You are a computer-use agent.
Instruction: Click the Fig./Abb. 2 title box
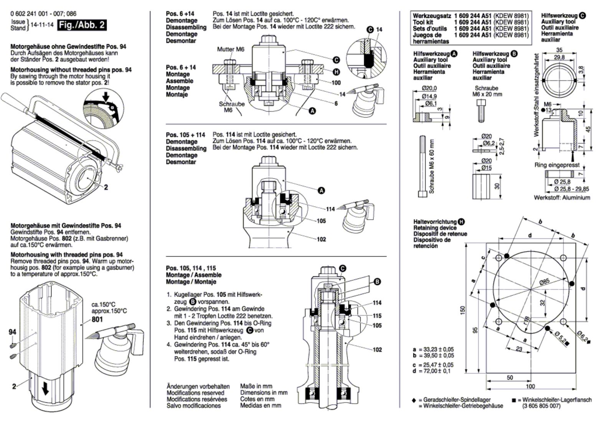tap(82, 25)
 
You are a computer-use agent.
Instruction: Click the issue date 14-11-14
tap(42, 25)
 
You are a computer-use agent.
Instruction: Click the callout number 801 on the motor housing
tap(97, 319)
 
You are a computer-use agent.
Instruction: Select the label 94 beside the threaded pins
tap(12, 332)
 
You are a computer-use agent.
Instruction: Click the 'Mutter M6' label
tap(231, 49)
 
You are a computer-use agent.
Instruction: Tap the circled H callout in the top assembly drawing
tap(336, 72)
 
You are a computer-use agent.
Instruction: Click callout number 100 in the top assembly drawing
tap(336, 82)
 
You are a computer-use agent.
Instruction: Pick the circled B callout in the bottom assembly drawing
tap(377, 282)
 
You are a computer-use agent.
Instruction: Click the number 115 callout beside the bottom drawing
tap(377, 316)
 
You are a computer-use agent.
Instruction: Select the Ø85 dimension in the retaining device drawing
tap(545, 282)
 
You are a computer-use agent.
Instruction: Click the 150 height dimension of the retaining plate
tap(463, 310)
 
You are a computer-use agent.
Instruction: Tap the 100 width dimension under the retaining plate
tap(530, 386)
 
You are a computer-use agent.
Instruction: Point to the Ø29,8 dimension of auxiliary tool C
tap(559, 57)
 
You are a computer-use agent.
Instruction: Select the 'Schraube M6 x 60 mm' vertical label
tap(431, 167)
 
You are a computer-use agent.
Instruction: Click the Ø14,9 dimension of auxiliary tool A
tap(429, 96)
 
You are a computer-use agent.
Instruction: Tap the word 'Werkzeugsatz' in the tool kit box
tap(432, 16)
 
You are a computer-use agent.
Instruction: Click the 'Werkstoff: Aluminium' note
tap(562, 198)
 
